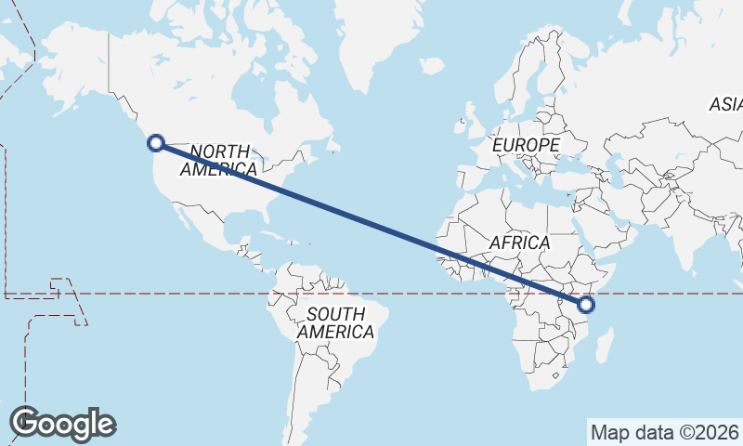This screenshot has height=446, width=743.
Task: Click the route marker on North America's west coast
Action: tap(156, 143)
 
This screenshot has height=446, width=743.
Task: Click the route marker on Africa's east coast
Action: tap(586, 304)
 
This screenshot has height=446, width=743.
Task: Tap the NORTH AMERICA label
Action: tap(219, 160)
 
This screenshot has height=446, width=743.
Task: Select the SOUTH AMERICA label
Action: tap(335, 322)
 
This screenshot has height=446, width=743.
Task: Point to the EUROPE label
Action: tap(526, 146)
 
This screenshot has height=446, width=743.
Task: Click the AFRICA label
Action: tap(519, 243)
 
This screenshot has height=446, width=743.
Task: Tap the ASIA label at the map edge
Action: tap(725, 105)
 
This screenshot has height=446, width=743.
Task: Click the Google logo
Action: tap(63, 424)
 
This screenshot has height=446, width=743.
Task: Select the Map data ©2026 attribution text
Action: tap(664, 432)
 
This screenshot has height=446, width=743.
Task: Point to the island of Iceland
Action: tap(431, 66)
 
